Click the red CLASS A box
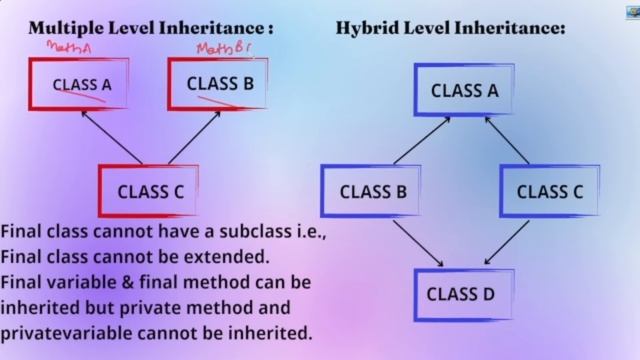coord(82,83)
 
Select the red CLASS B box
coord(220,83)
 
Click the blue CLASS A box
coord(464,90)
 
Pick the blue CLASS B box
coord(372,192)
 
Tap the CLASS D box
coord(460,294)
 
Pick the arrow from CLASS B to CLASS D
coord(412,243)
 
